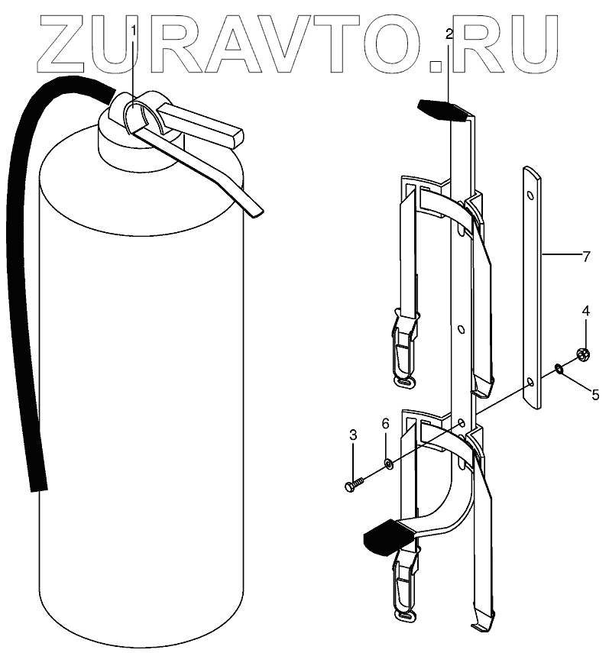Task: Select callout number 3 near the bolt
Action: (353, 436)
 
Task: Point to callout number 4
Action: (586, 312)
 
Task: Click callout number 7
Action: (586, 257)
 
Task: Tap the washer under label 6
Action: (388, 463)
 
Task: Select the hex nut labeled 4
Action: (581, 354)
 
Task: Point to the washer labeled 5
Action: (559, 370)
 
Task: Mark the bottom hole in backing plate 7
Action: (530, 380)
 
